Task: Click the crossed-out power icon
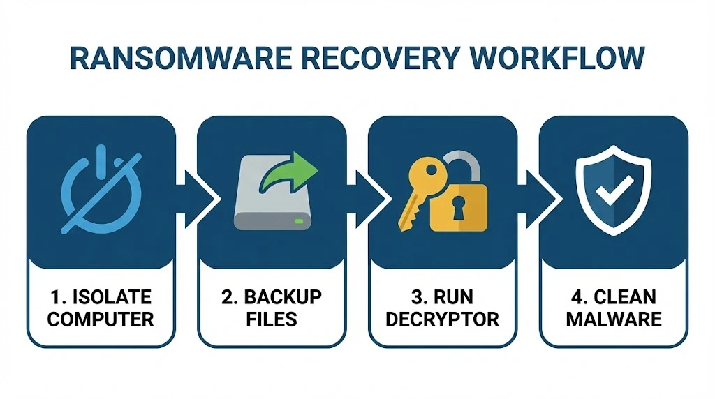point(101,188)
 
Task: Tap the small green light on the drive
point(299,222)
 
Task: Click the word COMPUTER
point(101,319)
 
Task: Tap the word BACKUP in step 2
point(283,297)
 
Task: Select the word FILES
point(272,319)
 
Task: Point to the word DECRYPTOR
point(443,319)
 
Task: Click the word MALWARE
point(614,319)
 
